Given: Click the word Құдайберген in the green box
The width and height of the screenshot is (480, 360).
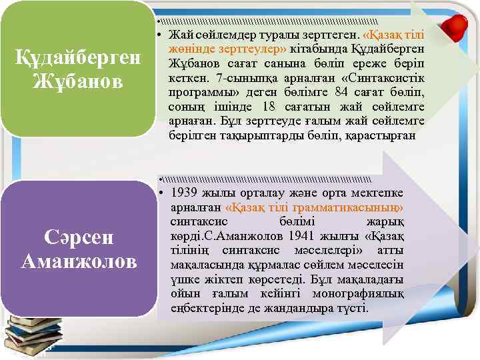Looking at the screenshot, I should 79,59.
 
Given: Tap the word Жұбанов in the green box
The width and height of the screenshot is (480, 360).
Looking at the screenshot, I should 79,82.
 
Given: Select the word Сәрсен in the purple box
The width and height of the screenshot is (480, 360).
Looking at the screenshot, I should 79,237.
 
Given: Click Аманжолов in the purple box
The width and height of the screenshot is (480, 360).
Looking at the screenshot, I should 79,261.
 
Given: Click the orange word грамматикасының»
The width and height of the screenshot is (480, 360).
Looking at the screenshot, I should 361,207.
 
